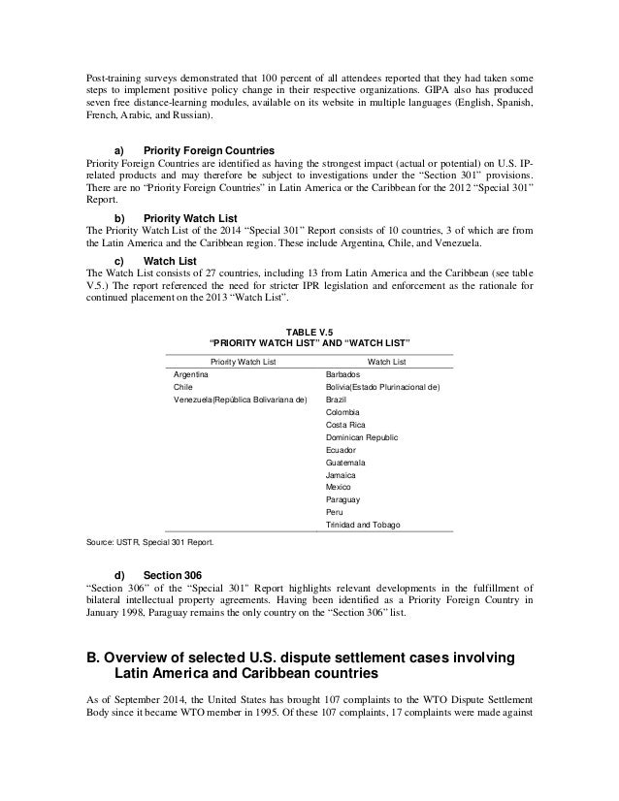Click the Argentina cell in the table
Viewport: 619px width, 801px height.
[193, 373]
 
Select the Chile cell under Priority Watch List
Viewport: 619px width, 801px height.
[183, 386]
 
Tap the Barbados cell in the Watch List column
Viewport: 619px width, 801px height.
[344, 373]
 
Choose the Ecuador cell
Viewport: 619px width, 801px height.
[342, 450]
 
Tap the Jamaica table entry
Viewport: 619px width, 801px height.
[342, 475]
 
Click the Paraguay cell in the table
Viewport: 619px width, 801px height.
[344, 499]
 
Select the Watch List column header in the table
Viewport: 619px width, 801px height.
[387, 361]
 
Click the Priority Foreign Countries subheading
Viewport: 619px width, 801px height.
[209, 151]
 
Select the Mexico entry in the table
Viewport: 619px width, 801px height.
[340, 487]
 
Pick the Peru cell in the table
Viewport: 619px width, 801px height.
[336, 512]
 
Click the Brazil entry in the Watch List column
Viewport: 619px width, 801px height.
[338, 399]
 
